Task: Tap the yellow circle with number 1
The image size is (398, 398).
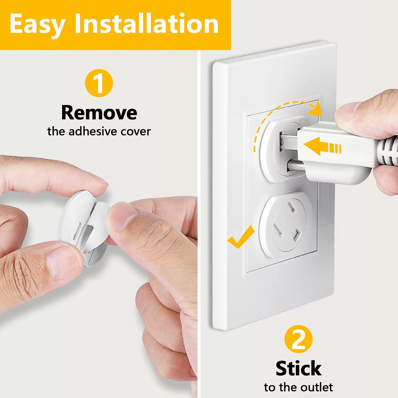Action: pyautogui.click(x=99, y=83)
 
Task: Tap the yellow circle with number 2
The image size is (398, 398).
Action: pyautogui.click(x=298, y=339)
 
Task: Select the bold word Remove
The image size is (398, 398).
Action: pyautogui.click(x=99, y=113)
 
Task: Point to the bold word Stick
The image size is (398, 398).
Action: pyautogui.click(x=298, y=369)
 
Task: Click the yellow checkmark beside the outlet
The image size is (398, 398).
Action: pyautogui.click(x=241, y=237)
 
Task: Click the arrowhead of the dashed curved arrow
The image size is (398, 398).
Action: pyautogui.click(x=315, y=109)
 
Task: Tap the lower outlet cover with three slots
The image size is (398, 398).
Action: pyautogui.click(x=286, y=224)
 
